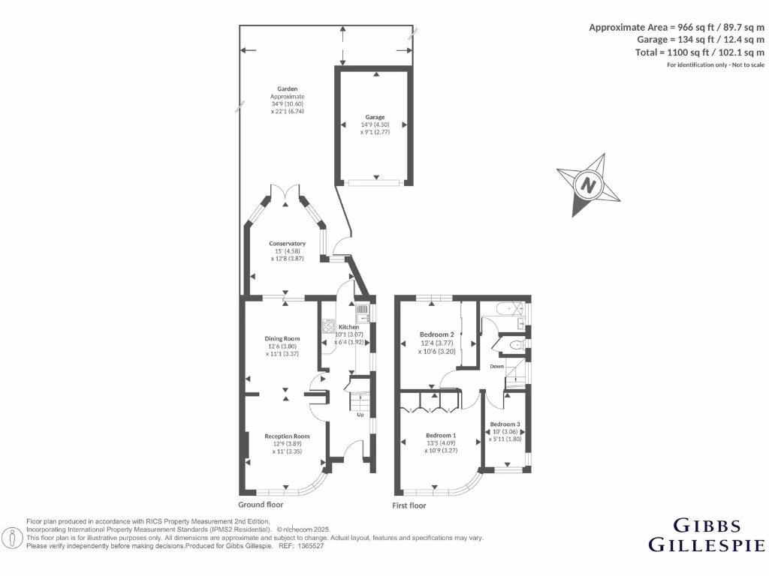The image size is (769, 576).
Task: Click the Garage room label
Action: pyautogui.click(x=375, y=117)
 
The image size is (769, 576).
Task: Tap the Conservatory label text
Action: pyautogui.click(x=288, y=244)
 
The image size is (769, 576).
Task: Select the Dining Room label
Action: pyautogui.click(x=282, y=339)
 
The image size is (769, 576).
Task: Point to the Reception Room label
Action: pyautogui.click(x=286, y=436)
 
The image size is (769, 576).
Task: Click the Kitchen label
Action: pyautogui.click(x=348, y=328)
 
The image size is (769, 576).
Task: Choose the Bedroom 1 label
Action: pyautogui.click(x=440, y=436)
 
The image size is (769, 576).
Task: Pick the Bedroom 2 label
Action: pyautogui.click(x=436, y=334)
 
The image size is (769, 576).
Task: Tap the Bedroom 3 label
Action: pyautogui.click(x=505, y=424)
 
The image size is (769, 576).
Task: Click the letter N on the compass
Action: pyautogui.click(x=588, y=184)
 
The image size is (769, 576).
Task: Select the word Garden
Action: pyautogui.click(x=288, y=89)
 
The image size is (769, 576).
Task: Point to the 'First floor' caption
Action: pyautogui.click(x=409, y=505)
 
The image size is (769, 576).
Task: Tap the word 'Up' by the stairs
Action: pyautogui.click(x=360, y=415)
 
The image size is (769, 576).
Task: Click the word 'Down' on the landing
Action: pyautogui.click(x=497, y=367)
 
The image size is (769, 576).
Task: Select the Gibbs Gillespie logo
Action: pyautogui.click(x=706, y=534)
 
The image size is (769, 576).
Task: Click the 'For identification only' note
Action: pyautogui.click(x=715, y=65)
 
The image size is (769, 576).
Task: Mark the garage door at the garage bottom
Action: pyautogui.click(x=374, y=181)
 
